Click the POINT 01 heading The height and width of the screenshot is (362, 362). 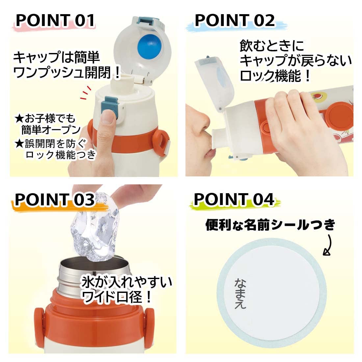pyautogui.click(x=55, y=20)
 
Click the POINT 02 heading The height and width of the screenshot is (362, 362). pyautogui.click(x=235, y=20)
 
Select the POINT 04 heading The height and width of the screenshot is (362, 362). pyautogui.click(x=234, y=199)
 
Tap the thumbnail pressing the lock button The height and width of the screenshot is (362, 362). pyautogui.click(x=108, y=116)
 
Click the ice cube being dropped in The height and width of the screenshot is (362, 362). pyautogui.click(x=96, y=227)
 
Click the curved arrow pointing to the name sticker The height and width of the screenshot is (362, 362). pyautogui.click(x=329, y=245)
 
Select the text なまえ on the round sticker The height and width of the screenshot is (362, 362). pyautogui.click(x=240, y=293)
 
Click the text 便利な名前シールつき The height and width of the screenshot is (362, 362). pyautogui.click(x=270, y=225)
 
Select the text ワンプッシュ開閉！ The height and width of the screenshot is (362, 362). pyautogui.click(x=67, y=72)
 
